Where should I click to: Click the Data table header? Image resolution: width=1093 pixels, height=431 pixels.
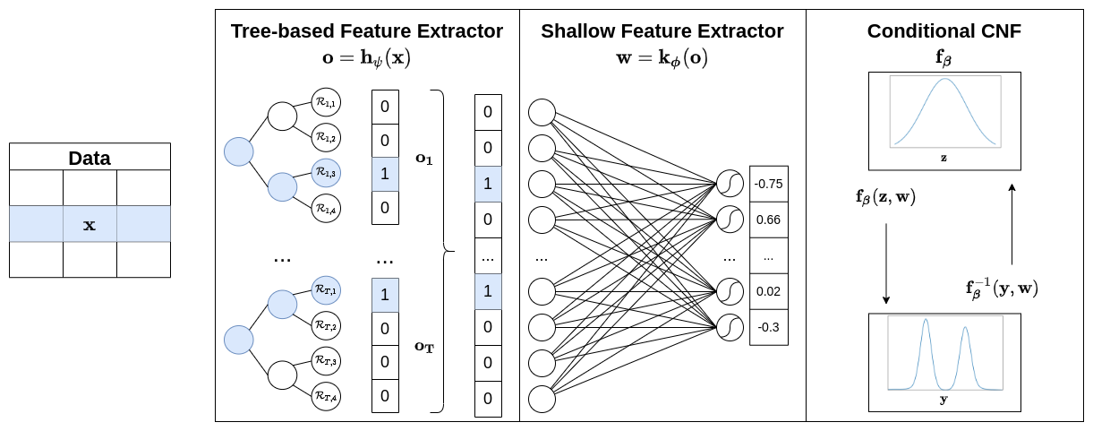pos(90,159)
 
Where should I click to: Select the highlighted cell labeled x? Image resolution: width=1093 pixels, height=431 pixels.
pos(90,224)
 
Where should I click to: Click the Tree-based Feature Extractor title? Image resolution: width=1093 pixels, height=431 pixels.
pos(367,31)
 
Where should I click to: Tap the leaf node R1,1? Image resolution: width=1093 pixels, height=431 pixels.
pos(326,103)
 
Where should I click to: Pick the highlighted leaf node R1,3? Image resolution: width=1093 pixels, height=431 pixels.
pos(326,172)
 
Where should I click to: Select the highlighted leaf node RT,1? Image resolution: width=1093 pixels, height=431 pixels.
pos(326,290)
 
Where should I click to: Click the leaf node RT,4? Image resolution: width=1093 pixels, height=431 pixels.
pos(326,395)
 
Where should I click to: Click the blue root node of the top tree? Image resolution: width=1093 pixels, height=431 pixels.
pos(239,151)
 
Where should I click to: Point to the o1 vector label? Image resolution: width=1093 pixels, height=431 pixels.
pos(423,158)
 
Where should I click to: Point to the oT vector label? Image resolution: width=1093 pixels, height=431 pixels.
pos(423,346)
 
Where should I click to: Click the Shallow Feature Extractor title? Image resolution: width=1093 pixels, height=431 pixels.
pos(662,31)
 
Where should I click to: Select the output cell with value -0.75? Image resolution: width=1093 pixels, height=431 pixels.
pos(768,184)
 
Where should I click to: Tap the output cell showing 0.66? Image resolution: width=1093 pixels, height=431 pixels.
pos(768,220)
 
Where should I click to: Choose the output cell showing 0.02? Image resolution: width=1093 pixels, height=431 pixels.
pos(768,291)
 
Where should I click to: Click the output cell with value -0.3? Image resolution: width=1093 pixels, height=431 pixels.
pos(768,327)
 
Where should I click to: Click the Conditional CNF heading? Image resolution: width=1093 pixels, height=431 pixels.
pos(944,31)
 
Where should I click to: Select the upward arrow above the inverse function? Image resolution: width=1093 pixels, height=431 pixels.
pos(1012,224)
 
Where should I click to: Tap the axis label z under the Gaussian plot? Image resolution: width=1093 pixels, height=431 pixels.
pos(944,158)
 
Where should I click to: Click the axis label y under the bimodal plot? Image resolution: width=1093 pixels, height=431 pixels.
pos(944,400)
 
